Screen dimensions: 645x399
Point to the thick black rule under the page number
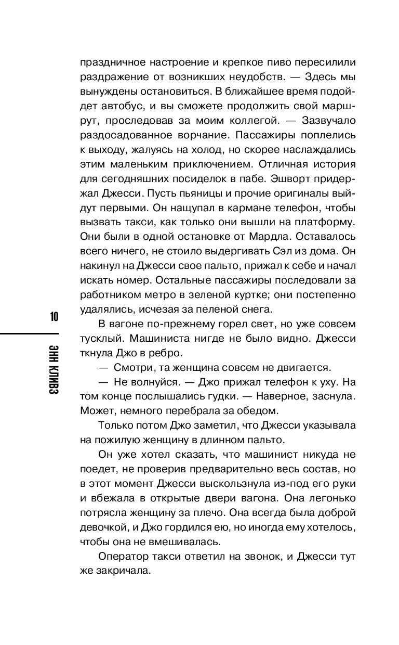(x=29, y=331)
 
